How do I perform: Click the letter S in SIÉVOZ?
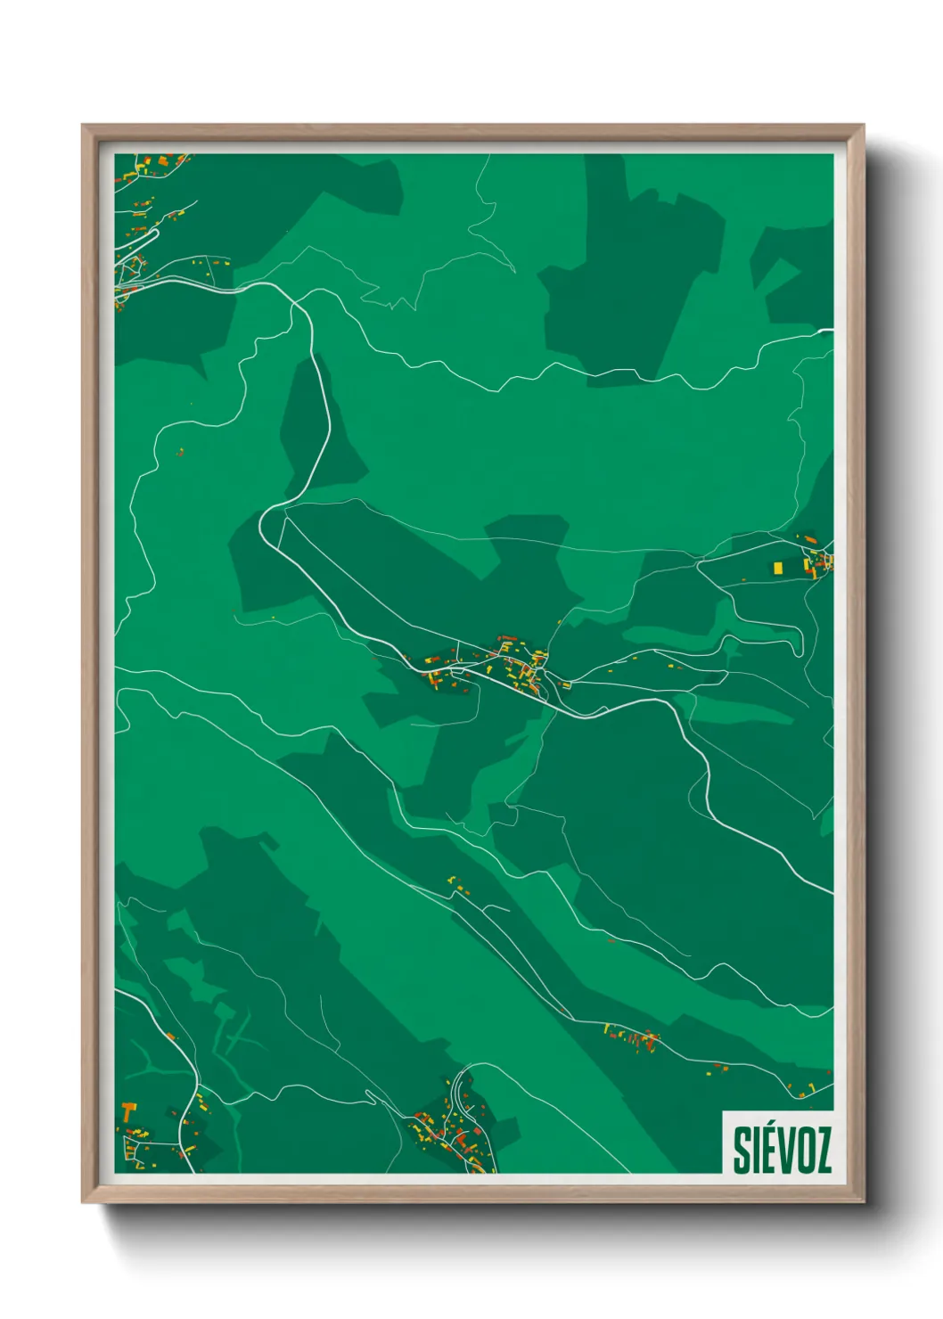point(742,1150)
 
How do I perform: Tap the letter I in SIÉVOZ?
point(757,1150)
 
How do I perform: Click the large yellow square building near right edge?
point(778,567)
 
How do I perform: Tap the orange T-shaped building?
point(130,1111)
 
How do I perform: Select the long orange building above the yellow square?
point(810,540)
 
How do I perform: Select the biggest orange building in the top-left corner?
point(164,160)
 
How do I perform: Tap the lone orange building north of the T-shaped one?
point(169,1036)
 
